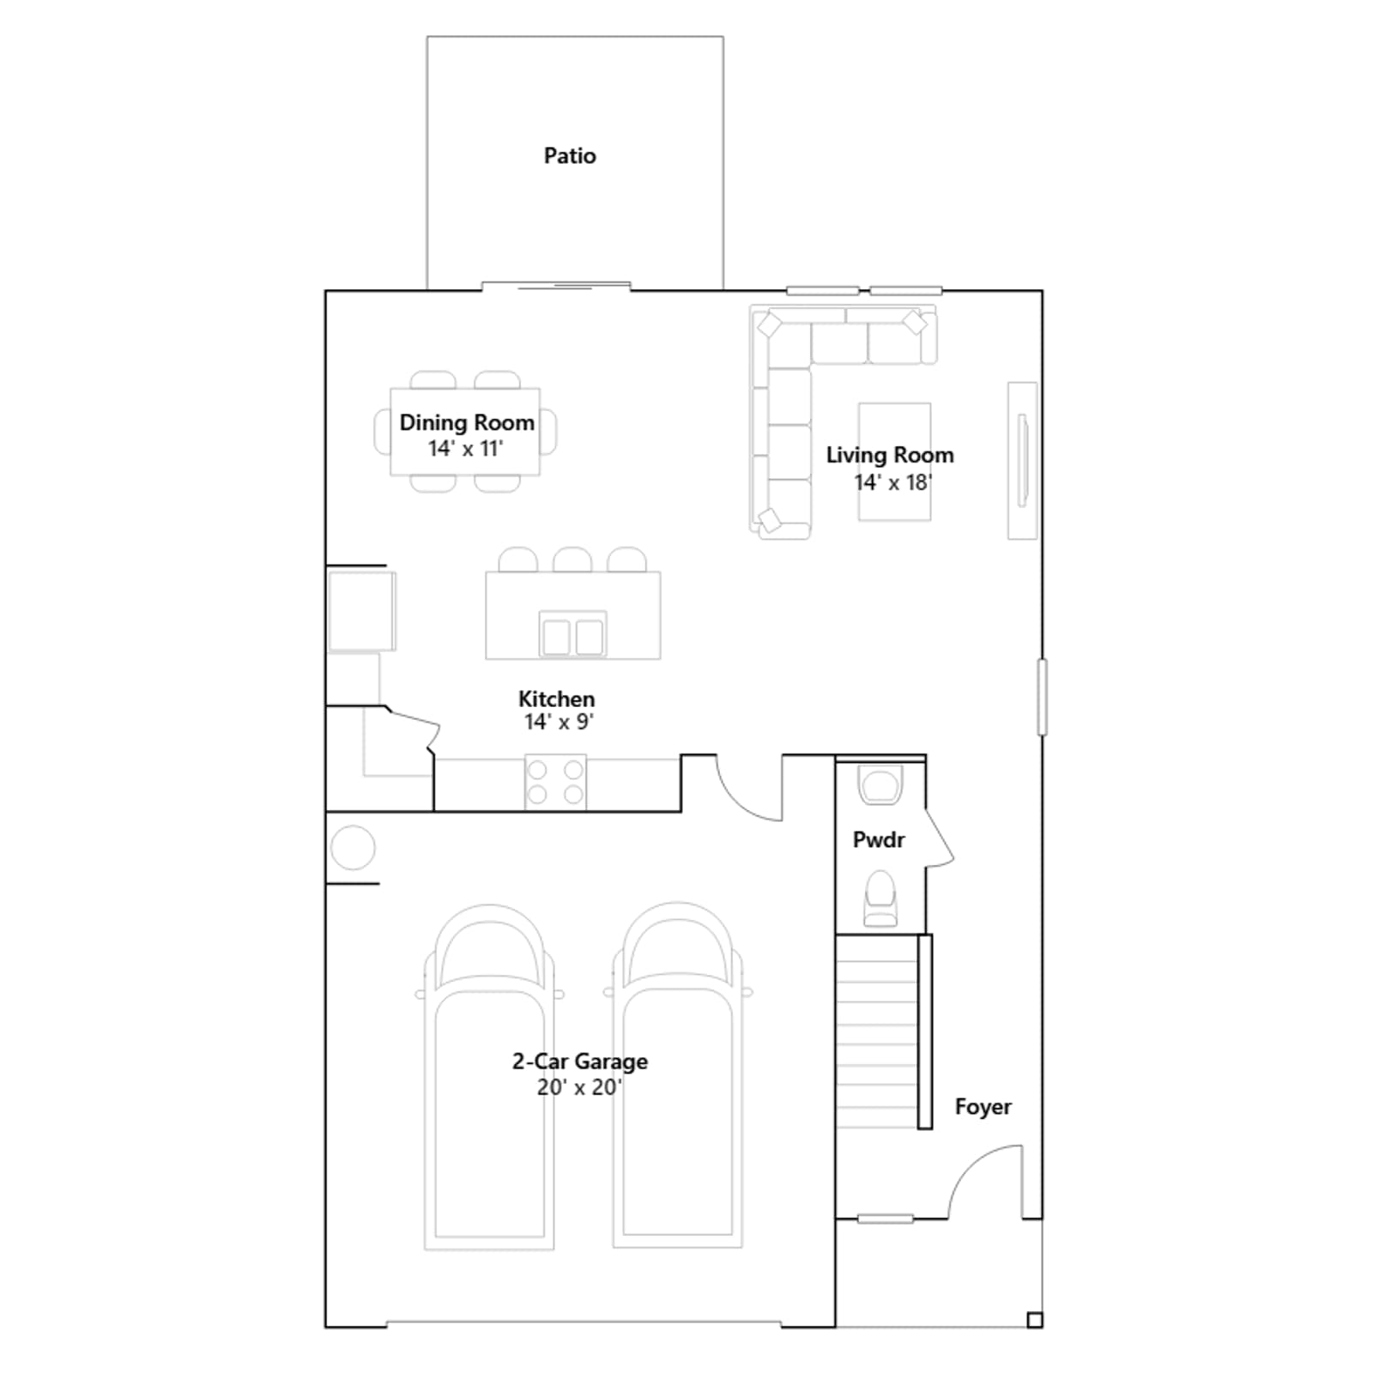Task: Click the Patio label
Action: pyautogui.click(x=570, y=155)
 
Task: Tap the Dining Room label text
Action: pyautogui.click(x=467, y=422)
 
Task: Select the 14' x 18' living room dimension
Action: pyautogui.click(x=892, y=482)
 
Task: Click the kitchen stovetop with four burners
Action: pyautogui.click(x=555, y=782)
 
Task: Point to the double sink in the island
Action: pyautogui.click(x=572, y=636)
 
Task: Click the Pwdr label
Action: pyautogui.click(x=879, y=840)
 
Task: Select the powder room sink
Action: pyautogui.click(x=880, y=785)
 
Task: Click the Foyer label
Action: pyautogui.click(x=983, y=1107)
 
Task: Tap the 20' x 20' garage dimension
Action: pyautogui.click(x=579, y=1087)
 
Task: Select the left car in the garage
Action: pyautogui.click(x=489, y=1077)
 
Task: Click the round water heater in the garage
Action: pyautogui.click(x=353, y=848)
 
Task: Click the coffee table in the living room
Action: pyautogui.click(x=895, y=462)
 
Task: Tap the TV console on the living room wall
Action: pyautogui.click(x=1022, y=461)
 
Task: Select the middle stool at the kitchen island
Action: pyautogui.click(x=572, y=559)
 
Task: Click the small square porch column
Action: pyautogui.click(x=1035, y=1321)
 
